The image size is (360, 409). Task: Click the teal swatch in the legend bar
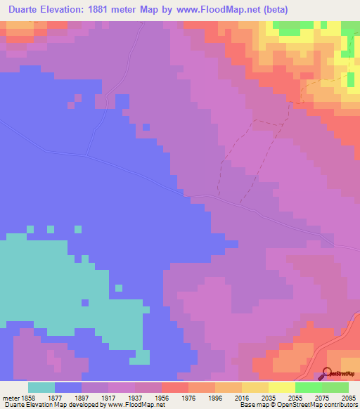click(x=41, y=387)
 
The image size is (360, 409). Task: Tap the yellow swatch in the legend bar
click(x=282, y=387)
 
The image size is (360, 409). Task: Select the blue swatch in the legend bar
click(x=68, y=387)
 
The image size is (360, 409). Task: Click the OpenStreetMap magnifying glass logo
click(x=327, y=374)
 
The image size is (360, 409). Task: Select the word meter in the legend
click(x=11, y=397)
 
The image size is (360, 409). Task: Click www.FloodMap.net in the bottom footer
click(x=132, y=405)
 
